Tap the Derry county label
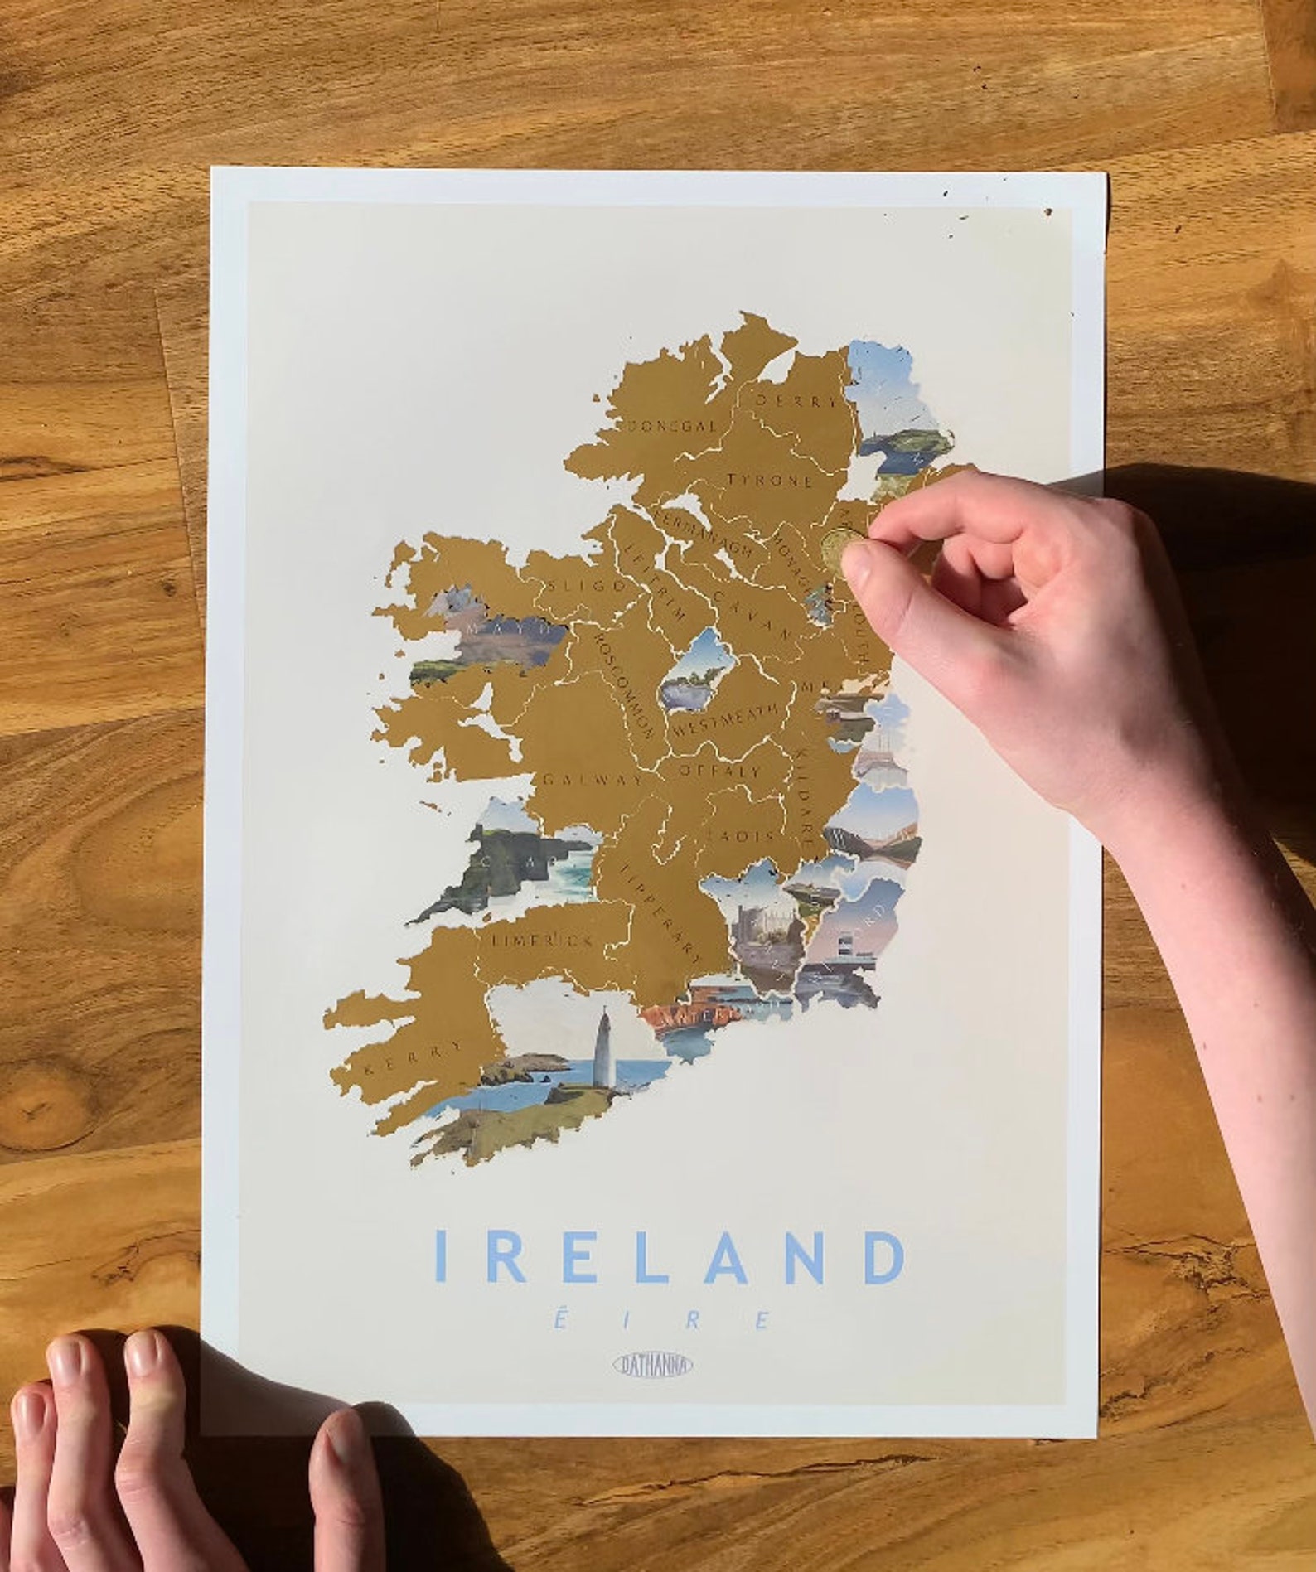[796, 400]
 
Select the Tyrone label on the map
[770, 480]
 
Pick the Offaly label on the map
[719, 770]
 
